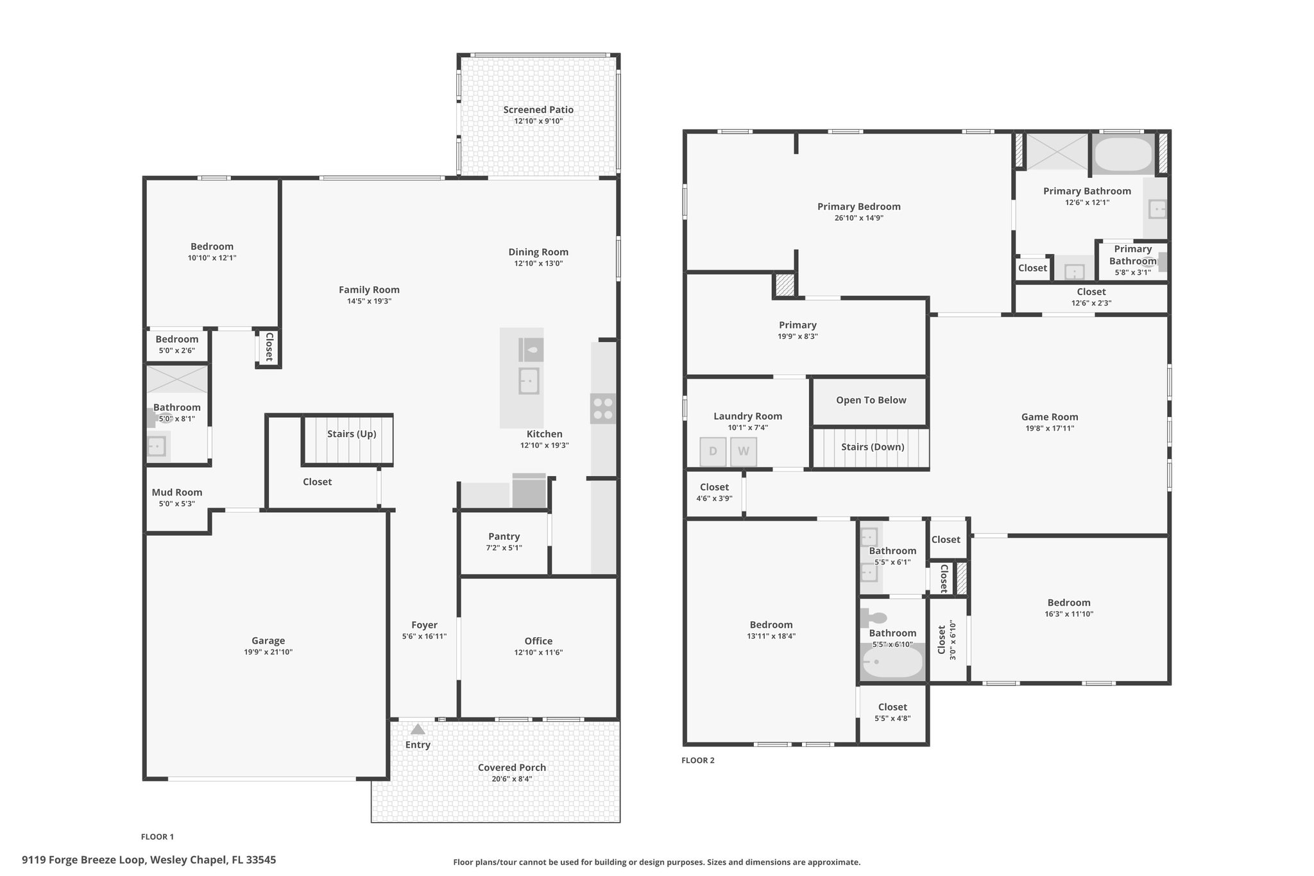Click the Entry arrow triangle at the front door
(418, 729)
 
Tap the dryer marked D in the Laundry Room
(713, 451)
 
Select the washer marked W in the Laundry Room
(744, 451)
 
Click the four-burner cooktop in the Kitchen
(602, 409)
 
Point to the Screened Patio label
(538, 110)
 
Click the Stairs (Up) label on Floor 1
(352, 434)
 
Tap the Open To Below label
(871, 400)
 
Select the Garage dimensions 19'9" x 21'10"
(268, 652)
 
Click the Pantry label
(504, 537)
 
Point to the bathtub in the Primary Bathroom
(1123, 155)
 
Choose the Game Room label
(1050, 417)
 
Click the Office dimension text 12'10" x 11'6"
(538, 653)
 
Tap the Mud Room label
(177, 492)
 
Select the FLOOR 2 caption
(697, 760)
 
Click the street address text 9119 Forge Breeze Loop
(85, 860)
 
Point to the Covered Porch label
(512, 768)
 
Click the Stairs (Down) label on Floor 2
(873, 447)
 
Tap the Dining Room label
(538, 252)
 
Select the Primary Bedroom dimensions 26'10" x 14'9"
(858, 218)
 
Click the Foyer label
(424, 625)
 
